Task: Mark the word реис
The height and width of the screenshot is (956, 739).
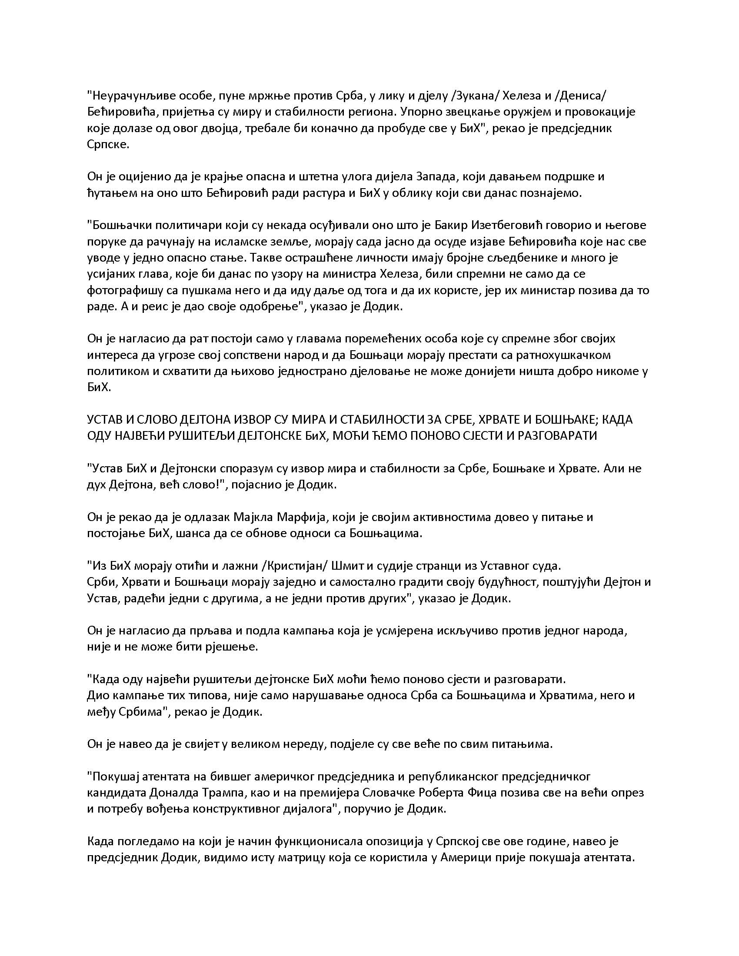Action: (140, 306)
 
